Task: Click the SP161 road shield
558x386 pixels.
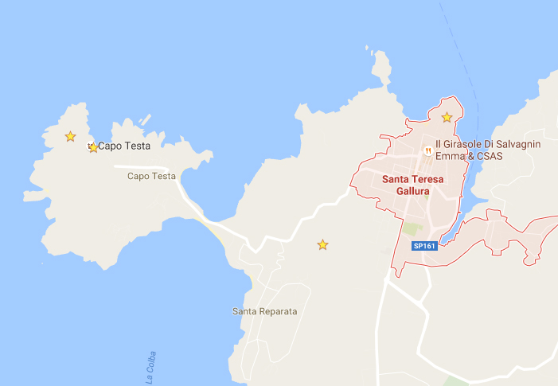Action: [424, 247]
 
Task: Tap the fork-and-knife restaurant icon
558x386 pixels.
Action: [427, 150]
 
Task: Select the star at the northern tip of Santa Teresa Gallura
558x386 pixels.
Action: [447, 118]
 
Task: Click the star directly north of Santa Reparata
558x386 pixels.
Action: [322, 245]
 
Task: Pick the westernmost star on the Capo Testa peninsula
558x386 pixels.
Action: [70, 137]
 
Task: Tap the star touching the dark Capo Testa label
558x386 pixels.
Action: [93, 147]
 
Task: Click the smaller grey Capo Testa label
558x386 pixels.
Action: [151, 176]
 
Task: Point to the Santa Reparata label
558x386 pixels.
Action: [264, 311]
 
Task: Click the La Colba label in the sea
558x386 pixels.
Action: [151, 368]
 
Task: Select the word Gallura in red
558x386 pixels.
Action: [412, 192]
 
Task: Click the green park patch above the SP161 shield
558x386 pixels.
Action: [412, 229]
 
